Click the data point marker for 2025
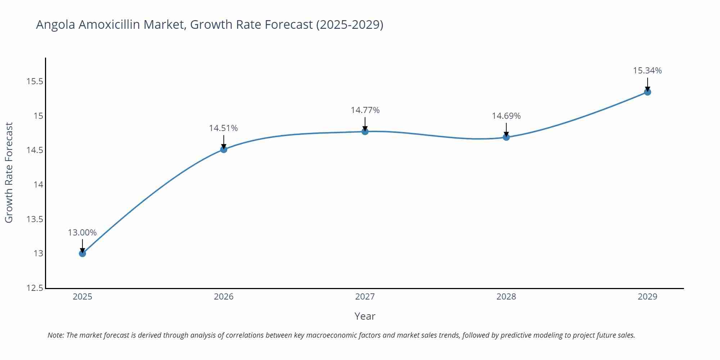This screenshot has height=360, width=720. point(82,253)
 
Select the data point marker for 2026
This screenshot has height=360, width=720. point(224,149)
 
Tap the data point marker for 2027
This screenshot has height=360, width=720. point(365,131)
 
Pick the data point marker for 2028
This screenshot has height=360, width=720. point(506,137)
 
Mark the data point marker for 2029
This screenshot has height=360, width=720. point(647,92)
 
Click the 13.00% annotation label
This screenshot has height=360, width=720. point(82,233)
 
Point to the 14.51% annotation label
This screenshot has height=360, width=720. point(224,128)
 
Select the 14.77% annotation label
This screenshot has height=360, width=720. point(365,110)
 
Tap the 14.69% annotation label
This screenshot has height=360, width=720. point(506,116)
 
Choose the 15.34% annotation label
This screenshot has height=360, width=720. point(647,71)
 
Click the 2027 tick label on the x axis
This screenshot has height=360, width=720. point(365,297)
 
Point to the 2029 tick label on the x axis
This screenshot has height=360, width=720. point(647,297)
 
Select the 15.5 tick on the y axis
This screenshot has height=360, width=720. point(35,81)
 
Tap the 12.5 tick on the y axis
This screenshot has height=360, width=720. point(35,288)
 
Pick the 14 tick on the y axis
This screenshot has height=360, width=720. point(38,185)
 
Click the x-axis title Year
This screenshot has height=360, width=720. point(365,316)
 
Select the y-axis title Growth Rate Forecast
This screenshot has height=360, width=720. point(9,172)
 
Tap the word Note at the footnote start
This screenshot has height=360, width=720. point(55,335)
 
